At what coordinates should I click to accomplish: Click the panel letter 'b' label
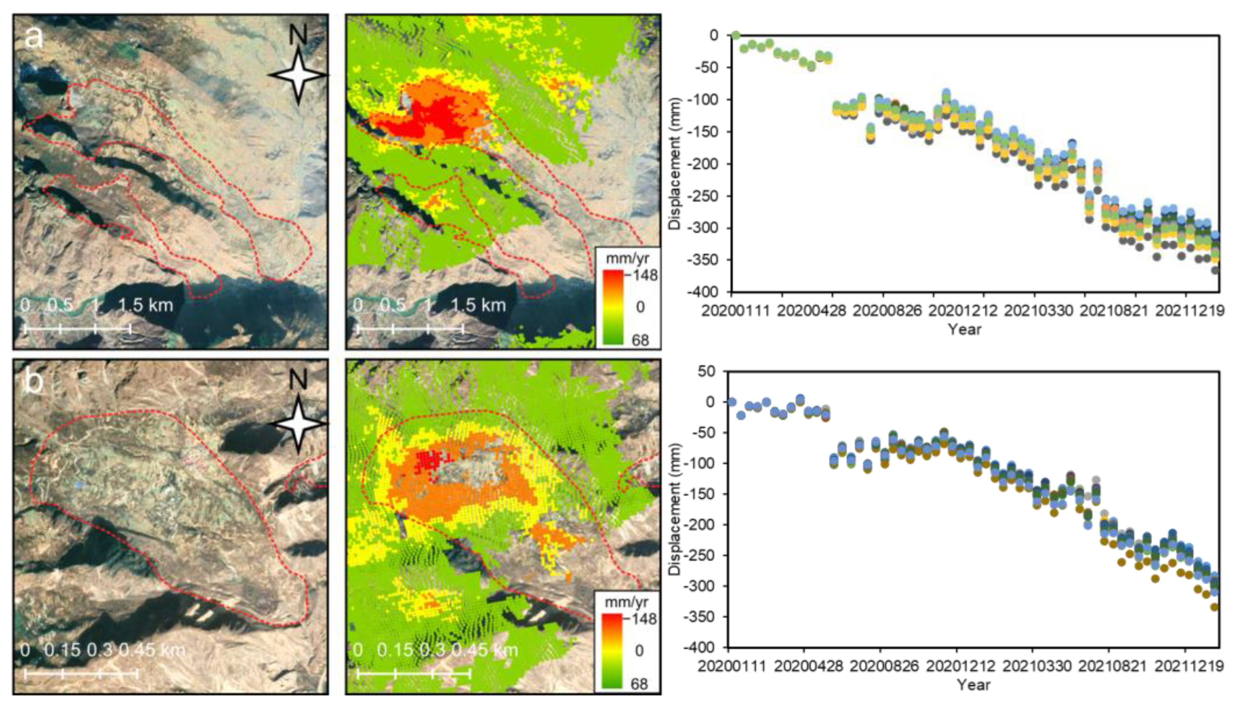[34, 382]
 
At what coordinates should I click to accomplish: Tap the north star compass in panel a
[298, 75]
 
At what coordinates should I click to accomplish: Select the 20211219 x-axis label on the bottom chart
[1188, 666]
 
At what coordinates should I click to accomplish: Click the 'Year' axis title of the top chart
[964, 330]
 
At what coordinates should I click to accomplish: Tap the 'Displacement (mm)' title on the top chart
[674, 164]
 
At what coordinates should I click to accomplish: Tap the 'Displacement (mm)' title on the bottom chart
[674, 509]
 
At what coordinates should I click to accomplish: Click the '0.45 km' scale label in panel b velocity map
[485, 650]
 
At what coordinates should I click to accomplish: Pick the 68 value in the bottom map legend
[639, 684]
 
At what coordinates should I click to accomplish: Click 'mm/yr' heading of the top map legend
[627, 258]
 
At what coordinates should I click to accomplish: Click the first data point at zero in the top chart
[736, 35]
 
